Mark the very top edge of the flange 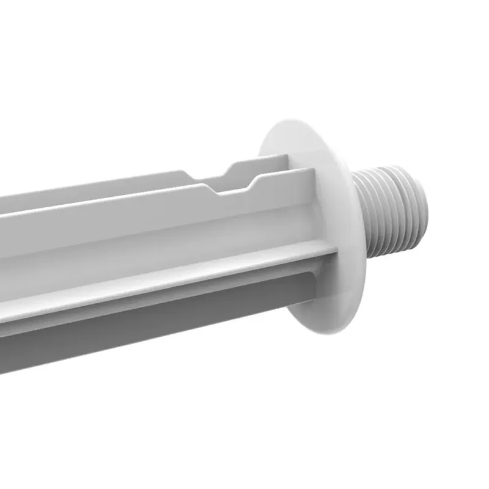click(x=293, y=119)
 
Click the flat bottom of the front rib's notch click(x=235, y=189)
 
